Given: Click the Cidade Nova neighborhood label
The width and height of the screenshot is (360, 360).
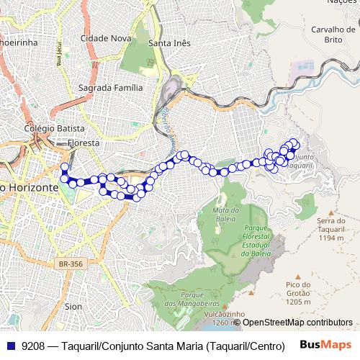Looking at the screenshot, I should point(105,38).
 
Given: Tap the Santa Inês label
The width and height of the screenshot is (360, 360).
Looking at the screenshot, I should point(169,43).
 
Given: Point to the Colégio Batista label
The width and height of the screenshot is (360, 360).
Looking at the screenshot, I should point(54,128).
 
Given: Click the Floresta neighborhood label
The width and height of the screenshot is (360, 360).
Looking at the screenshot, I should point(83,143).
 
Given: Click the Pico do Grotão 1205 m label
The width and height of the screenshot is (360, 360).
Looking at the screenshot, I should point(297,293).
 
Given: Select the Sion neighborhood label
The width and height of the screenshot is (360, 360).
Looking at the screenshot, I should point(73,306).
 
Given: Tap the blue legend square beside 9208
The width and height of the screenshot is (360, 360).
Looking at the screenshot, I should point(10,346).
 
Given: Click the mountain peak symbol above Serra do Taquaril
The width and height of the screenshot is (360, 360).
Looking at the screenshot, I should point(330,214).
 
